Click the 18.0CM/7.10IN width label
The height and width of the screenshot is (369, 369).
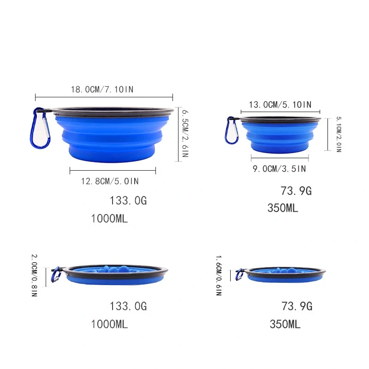click(102, 89)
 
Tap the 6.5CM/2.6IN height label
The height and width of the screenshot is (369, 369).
click(184, 134)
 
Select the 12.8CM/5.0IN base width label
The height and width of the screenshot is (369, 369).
click(110, 181)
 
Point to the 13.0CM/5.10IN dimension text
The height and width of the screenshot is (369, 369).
click(280, 105)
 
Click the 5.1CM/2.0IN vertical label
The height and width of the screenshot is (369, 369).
click(338, 134)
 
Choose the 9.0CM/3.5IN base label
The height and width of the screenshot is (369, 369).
click(279, 169)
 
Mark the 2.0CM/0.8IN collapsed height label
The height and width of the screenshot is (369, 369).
click(34, 275)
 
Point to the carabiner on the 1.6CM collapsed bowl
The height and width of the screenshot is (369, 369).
click(240, 275)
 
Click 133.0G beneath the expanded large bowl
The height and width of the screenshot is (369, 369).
click(128, 201)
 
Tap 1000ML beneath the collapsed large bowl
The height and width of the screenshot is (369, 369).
click(109, 325)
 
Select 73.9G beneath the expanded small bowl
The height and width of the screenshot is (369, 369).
click(296, 191)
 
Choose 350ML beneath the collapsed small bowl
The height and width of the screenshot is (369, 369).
click(285, 325)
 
